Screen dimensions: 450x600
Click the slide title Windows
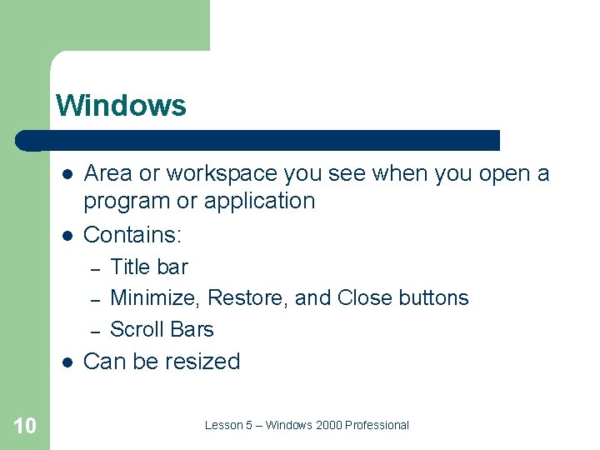tap(121, 106)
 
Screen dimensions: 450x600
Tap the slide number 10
tap(25, 426)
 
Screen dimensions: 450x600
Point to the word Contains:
tap(132, 235)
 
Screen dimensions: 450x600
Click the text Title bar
tap(149, 267)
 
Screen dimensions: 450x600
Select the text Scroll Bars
tap(162, 329)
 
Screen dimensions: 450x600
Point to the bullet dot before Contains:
tap(66, 236)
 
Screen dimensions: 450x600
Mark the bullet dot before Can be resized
tap(66, 362)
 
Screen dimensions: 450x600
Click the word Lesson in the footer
tap(222, 425)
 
